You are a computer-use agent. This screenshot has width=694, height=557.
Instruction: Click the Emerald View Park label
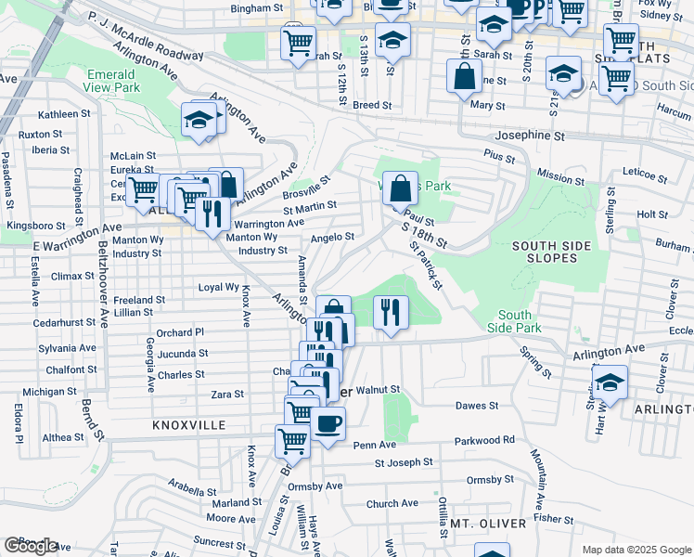point(112,82)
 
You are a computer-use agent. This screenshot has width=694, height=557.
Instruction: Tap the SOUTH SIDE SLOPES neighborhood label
point(553,253)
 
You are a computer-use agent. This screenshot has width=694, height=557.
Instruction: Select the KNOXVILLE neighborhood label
point(189,424)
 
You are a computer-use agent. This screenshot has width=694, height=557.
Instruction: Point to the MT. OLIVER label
point(489,524)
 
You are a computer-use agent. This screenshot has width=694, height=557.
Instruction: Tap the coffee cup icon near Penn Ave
point(328,426)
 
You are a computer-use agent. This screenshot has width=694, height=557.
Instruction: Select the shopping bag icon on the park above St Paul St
point(399,189)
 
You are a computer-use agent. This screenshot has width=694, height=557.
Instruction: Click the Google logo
point(30,546)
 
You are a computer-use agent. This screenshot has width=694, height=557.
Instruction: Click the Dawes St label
point(477,406)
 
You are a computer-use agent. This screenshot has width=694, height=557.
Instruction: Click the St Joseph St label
point(404,461)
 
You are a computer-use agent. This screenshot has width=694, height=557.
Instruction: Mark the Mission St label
point(555,175)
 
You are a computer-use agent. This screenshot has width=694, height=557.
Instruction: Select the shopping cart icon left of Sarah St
point(298,43)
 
